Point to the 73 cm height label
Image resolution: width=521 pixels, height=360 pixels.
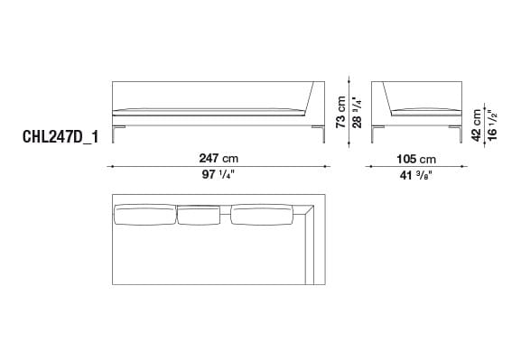tap(341, 110)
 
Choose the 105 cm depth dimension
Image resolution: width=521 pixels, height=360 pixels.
tap(415, 156)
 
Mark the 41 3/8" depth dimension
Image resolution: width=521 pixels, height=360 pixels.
tap(415, 176)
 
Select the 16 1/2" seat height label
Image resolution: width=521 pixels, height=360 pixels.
tap(492, 120)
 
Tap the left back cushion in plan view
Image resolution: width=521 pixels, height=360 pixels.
tap(143, 215)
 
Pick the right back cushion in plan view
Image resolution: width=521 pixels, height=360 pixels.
tap(263, 215)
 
